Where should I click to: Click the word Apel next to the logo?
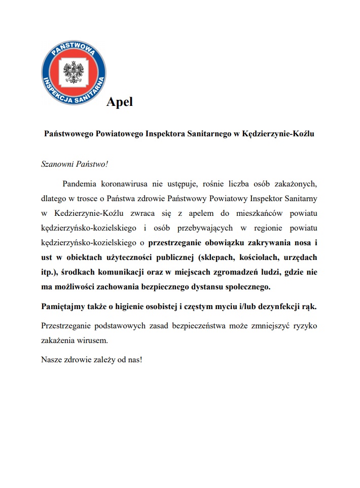pyautogui.click(x=120, y=101)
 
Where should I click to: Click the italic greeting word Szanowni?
pyautogui.click(x=57, y=164)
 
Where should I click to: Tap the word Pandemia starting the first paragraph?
pyautogui.click(x=80, y=183)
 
